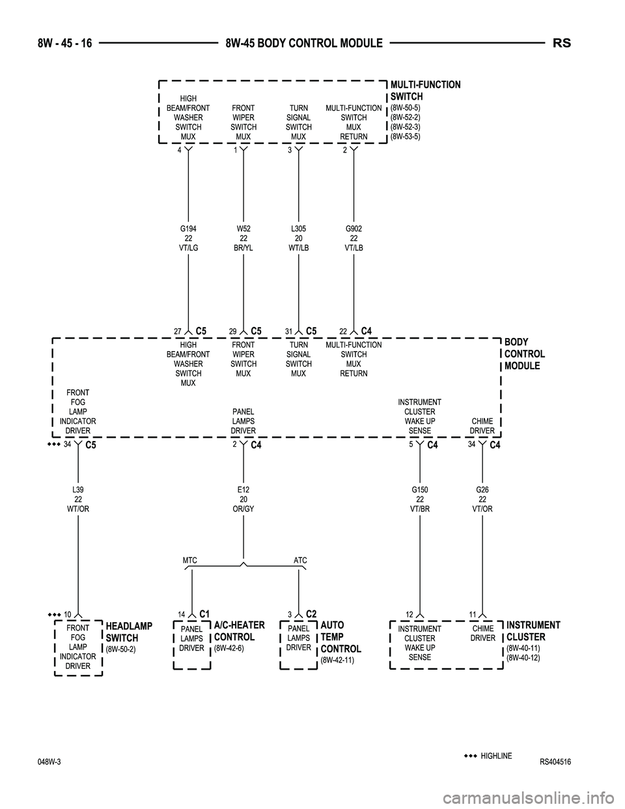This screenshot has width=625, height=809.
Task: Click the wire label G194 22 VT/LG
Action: [188, 238]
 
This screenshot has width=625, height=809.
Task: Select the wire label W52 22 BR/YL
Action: [243, 238]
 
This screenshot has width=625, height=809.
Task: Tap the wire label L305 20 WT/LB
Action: [299, 238]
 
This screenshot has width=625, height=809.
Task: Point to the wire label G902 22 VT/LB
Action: [354, 238]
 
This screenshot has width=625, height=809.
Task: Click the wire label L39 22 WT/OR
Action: [77, 499]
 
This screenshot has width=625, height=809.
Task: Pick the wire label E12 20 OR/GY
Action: [243, 499]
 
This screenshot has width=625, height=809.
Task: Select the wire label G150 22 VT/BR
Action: [420, 499]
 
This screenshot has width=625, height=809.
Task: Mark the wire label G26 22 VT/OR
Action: [482, 499]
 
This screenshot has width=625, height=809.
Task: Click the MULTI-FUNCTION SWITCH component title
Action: [424, 91]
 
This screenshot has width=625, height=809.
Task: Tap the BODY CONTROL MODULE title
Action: [525, 354]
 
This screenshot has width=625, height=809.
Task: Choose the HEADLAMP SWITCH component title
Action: [128, 632]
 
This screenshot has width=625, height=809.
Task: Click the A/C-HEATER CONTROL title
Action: [239, 631]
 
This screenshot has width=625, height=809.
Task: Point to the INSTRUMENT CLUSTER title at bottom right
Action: [533, 631]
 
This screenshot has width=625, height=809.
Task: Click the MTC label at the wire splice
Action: [189, 560]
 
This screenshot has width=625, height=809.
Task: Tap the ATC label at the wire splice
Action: [300, 560]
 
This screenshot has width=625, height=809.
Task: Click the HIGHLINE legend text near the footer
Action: [496, 756]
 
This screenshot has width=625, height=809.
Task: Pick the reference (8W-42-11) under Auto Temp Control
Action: [337, 660]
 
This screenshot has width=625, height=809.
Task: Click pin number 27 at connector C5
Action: [177, 332]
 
